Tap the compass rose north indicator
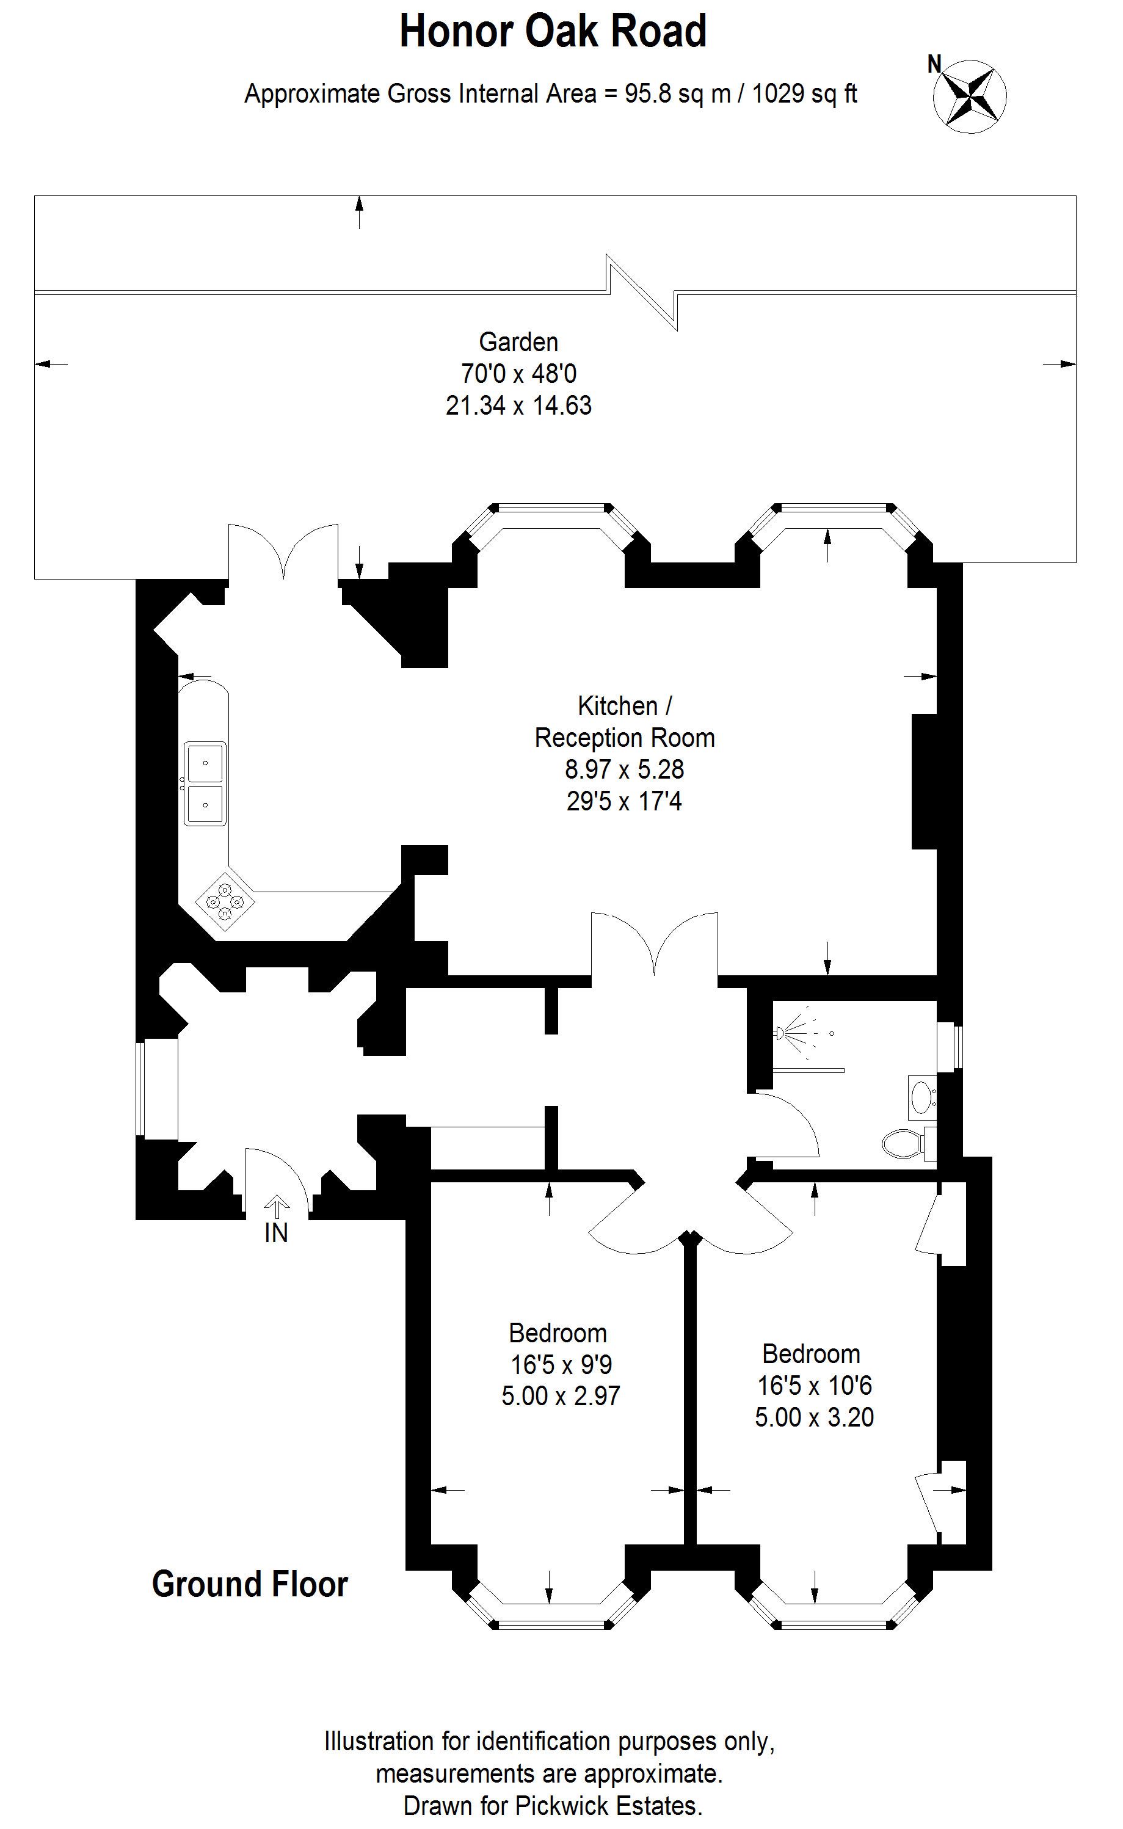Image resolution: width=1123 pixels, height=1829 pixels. (x=969, y=96)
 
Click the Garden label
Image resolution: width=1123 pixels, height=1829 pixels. (x=518, y=343)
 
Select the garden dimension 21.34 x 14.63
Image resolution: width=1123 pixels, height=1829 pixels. (x=518, y=405)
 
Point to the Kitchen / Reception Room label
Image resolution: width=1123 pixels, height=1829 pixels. (x=625, y=722)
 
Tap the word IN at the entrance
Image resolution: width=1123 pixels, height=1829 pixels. (x=276, y=1234)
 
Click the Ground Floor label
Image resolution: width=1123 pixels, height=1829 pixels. (x=250, y=1584)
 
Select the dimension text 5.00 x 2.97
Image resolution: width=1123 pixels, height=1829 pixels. (x=561, y=1396)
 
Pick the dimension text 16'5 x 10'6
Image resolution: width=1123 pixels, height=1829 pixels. (x=815, y=1385)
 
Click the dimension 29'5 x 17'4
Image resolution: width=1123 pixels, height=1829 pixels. (x=625, y=801)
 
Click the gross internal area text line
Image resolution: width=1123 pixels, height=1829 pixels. (x=551, y=94)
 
